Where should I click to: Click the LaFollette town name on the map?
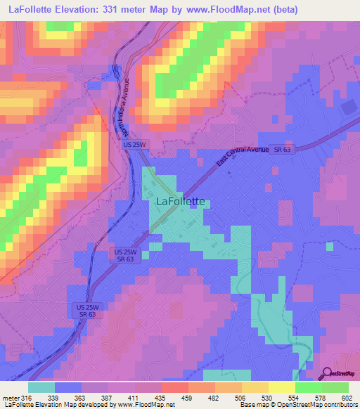coord(179,201)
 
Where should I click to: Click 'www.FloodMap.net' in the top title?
coord(226,10)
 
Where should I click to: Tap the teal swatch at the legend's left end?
coord(41,387)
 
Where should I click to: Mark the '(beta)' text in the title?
coord(283,10)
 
